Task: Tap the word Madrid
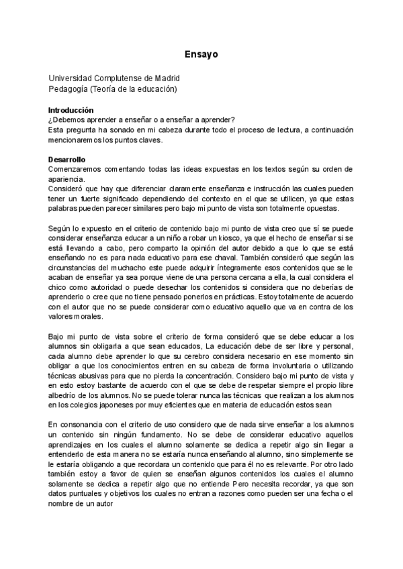click(165, 78)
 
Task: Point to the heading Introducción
click(71, 109)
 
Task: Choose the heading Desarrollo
click(66, 160)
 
